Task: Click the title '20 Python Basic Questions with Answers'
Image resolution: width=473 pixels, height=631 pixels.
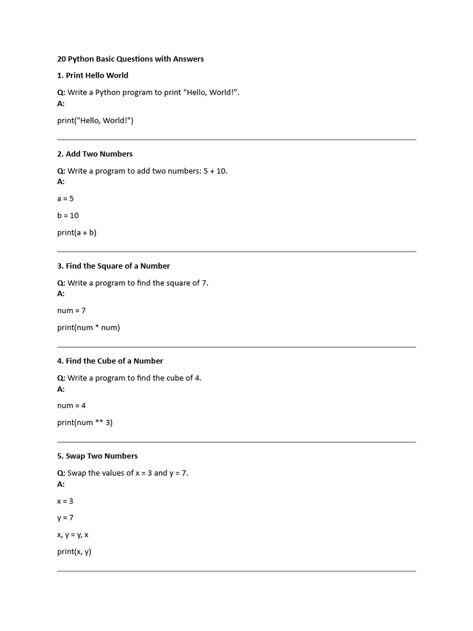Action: coord(130,59)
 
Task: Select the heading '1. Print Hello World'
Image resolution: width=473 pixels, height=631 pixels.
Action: coord(92,75)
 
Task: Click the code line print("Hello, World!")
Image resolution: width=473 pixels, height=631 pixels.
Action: coord(95,121)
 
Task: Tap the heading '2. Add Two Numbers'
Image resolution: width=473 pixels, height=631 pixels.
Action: coord(95,154)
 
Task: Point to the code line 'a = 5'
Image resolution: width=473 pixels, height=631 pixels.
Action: coord(65,198)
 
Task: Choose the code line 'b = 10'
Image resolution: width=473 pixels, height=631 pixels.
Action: coord(68,216)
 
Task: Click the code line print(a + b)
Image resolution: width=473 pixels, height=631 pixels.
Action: coord(77,233)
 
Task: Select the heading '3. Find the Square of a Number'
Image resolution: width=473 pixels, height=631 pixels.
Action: coord(113,266)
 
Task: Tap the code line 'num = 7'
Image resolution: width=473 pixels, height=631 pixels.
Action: coord(71,311)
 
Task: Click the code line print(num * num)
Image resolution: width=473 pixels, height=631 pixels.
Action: coord(89,328)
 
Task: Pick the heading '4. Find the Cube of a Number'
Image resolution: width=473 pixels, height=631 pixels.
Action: coord(110,361)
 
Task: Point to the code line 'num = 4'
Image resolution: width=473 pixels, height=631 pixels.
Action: coord(71,405)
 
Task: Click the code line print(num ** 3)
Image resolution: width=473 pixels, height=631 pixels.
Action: coord(85,423)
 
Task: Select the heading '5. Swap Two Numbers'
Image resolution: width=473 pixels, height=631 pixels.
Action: coord(97,456)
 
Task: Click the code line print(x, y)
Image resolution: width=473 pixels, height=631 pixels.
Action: coord(74,552)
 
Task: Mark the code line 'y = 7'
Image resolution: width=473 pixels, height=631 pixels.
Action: coord(65,518)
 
